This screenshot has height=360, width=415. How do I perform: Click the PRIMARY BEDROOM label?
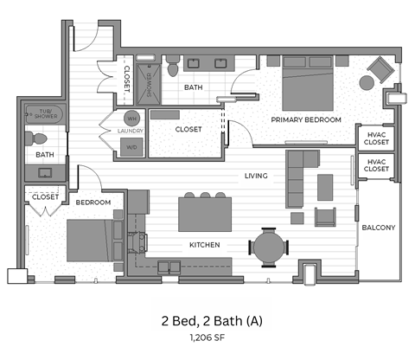[305, 119]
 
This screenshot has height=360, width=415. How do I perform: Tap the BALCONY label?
[379, 228]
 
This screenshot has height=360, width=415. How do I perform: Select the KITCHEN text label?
[204, 245]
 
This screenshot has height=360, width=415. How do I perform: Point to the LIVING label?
[255, 176]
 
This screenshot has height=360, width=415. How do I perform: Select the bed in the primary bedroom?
[309, 81]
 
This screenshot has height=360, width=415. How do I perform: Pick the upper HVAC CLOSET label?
[375, 138]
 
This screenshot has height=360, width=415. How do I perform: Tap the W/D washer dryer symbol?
[133, 146]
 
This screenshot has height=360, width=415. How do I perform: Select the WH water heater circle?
[133, 117]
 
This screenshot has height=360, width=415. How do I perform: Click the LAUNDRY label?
[130, 132]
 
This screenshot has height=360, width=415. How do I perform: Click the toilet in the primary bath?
[173, 64]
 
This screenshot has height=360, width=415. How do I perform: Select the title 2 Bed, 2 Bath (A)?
[207, 320]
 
